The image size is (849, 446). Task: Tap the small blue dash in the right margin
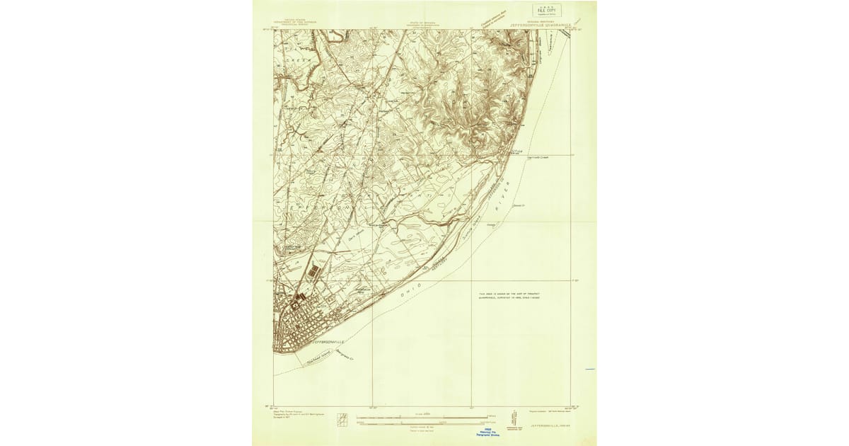pyautogui.click(x=590, y=370)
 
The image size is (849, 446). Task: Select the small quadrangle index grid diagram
pyautogui.click(x=342, y=418)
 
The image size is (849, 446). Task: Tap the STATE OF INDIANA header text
pyautogui.click(x=422, y=23)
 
